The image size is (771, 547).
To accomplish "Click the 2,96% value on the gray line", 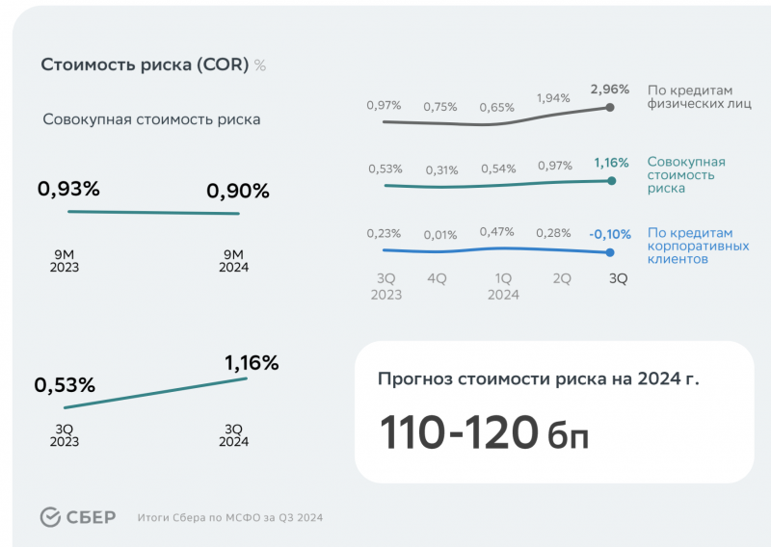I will click(x=609, y=90).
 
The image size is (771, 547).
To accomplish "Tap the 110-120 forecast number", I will click(x=458, y=432).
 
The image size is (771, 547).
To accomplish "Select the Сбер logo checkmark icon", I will click(x=51, y=517).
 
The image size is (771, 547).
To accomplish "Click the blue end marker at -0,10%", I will click(x=610, y=252).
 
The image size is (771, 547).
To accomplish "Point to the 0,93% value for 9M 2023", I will click(x=68, y=190).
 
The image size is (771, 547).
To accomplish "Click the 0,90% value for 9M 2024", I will click(x=237, y=192).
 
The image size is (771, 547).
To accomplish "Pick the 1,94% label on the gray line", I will click(x=552, y=98).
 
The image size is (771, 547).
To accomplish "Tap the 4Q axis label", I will click(x=437, y=278).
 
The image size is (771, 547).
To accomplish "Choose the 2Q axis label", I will click(x=561, y=278).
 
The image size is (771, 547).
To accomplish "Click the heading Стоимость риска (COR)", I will click(x=145, y=65).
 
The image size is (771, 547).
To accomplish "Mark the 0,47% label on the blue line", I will click(x=497, y=232).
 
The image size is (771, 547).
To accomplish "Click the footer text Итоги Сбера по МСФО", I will click(x=229, y=518).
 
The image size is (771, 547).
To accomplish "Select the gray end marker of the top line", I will click(x=610, y=107).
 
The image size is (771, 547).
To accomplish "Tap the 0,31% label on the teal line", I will click(x=441, y=170).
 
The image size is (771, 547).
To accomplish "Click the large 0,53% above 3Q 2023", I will click(x=65, y=386).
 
